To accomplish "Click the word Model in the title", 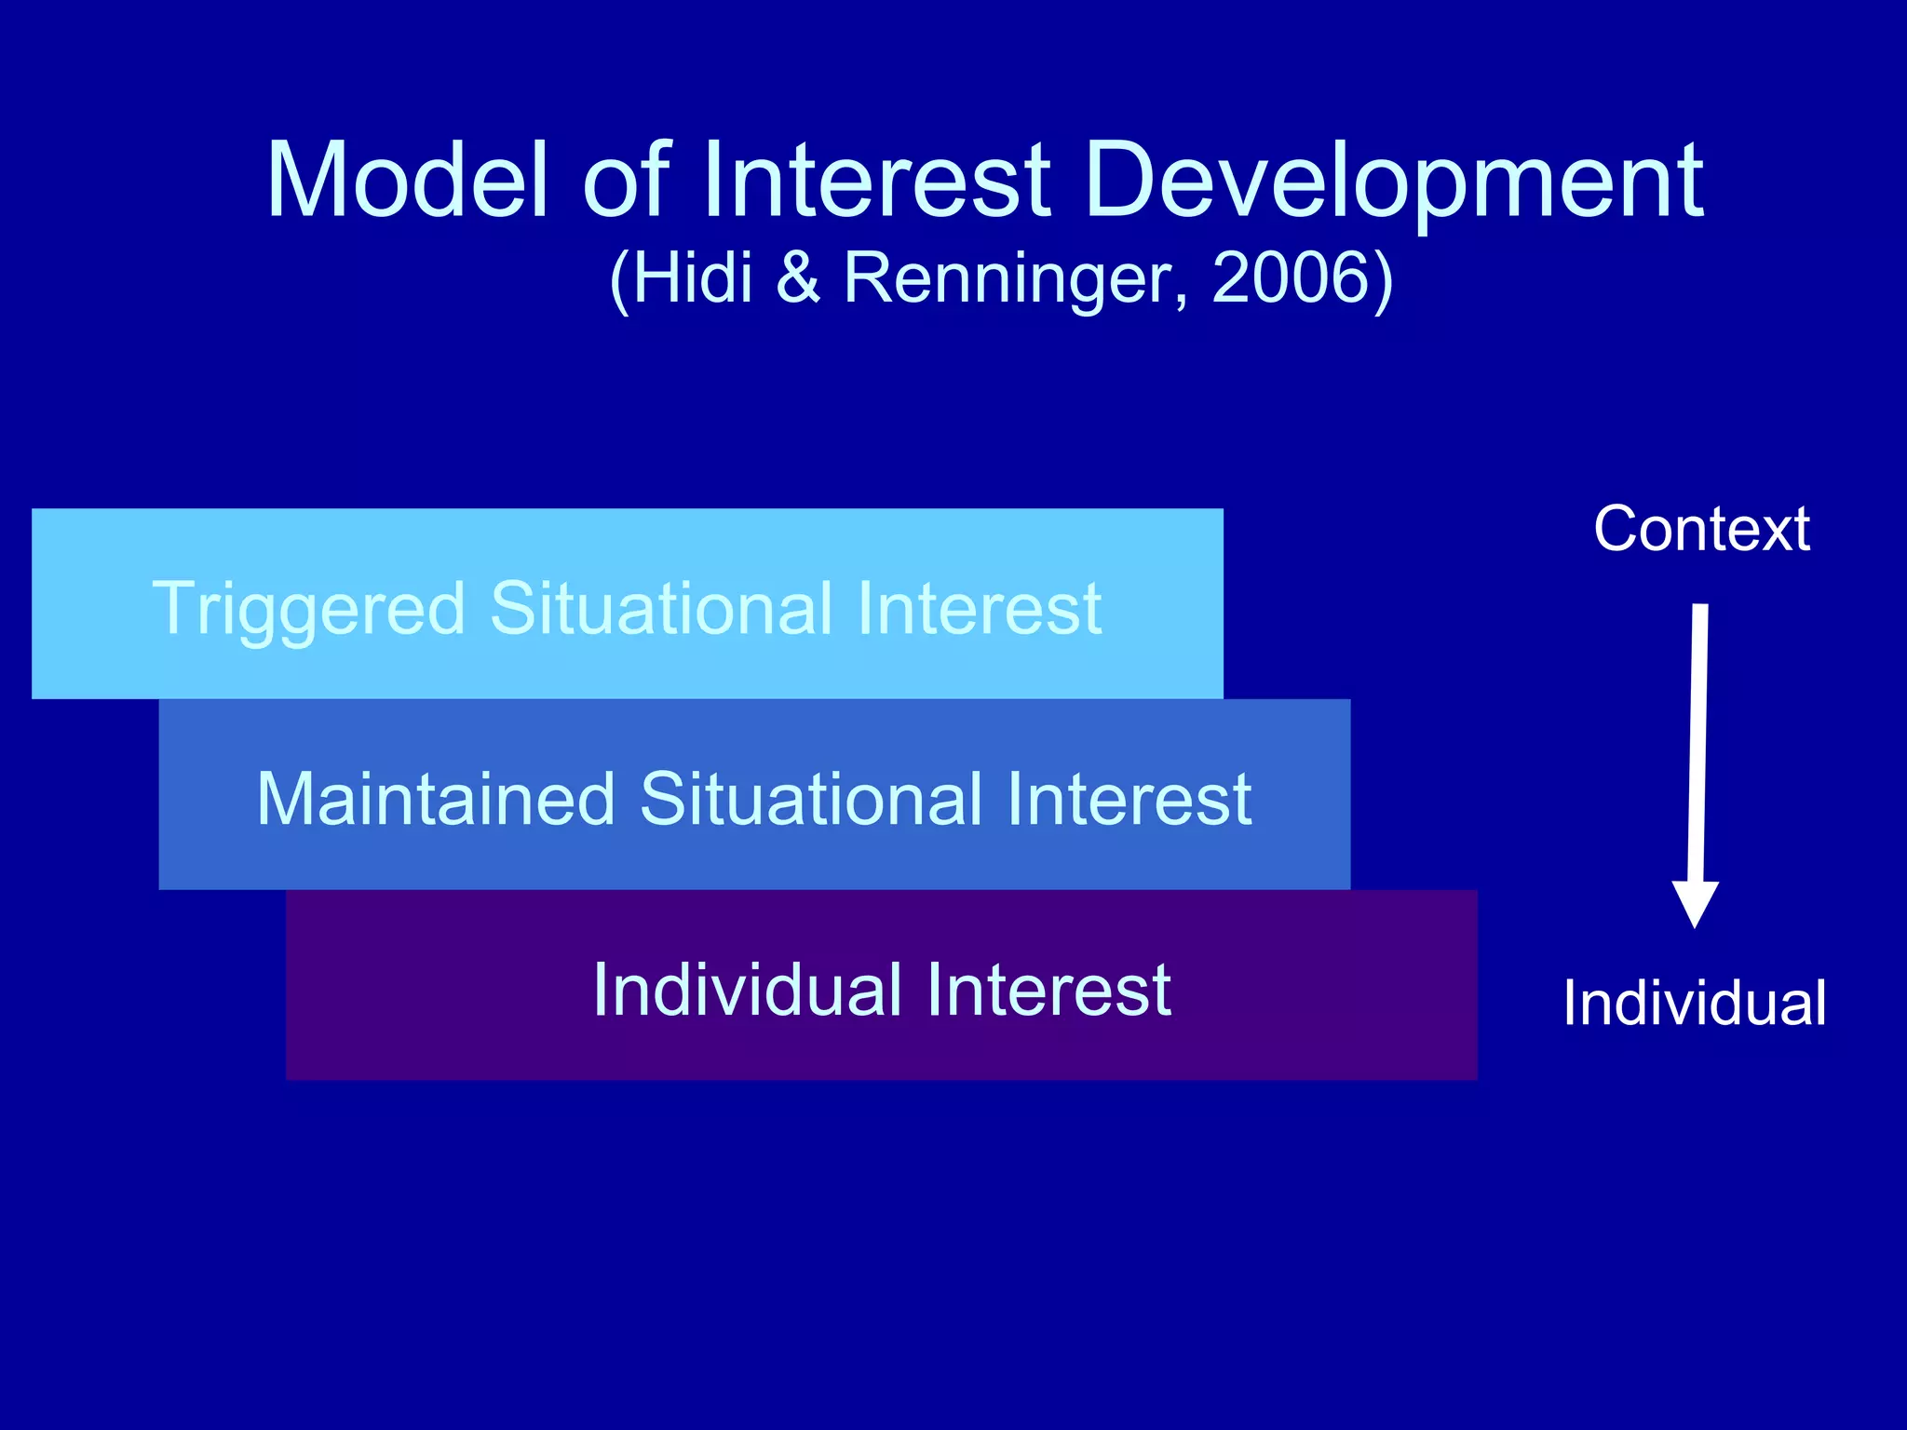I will coord(407,181).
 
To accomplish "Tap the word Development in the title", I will coord(1394,181).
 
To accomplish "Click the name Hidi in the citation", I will coord(691,277).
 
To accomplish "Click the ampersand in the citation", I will coord(798,277).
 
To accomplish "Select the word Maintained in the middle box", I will coord(436,799).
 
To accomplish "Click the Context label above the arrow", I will coord(1701,529).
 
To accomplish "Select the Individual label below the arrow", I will coord(1694,1004).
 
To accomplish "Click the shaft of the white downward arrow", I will coord(1698,745).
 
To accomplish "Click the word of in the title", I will coord(625,181).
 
